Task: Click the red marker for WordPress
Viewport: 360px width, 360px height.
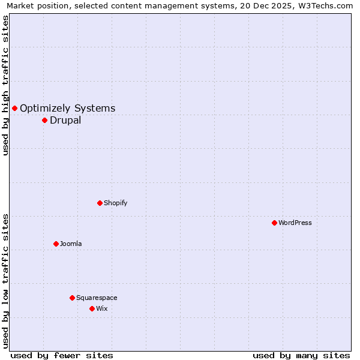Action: click(274, 223)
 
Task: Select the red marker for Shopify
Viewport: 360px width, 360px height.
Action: click(100, 203)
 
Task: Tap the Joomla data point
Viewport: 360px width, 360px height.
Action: click(56, 244)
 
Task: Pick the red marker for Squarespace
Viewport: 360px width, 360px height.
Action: click(72, 298)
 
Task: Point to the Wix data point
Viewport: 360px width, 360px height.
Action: click(92, 308)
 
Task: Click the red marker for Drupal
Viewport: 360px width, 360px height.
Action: click(44, 120)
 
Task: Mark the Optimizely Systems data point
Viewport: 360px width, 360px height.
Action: click(14, 108)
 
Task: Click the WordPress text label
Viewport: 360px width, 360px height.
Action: click(295, 223)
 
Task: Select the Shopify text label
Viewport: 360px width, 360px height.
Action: click(116, 203)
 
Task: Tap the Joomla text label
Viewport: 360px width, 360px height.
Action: click(71, 244)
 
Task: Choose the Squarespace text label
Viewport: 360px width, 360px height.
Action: click(97, 298)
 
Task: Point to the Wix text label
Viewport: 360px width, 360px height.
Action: click(102, 308)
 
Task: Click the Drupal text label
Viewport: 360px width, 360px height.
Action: click(65, 120)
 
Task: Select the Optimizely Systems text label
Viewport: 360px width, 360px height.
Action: click(68, 108)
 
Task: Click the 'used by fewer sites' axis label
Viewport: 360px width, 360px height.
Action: click(62, 355)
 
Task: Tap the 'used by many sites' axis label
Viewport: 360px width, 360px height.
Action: click(301, 355)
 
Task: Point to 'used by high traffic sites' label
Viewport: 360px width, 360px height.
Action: click(5, 85)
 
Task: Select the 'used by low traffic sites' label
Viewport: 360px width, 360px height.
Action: click(5, 281)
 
